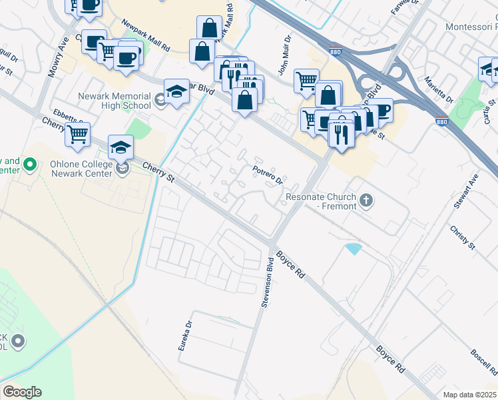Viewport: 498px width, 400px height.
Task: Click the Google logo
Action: pyautogui.click(x=22, y=392)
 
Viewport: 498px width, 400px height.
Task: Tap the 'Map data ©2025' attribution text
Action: pyautogui.click(x=469, y=395)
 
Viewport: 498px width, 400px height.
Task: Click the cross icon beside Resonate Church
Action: pyautogui.click(x=365, y=199)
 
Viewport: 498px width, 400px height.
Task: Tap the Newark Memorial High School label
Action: pyautogui.click(x=115, y=101)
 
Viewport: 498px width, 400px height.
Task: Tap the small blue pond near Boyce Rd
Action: pyautogui.click(x=354, y=249)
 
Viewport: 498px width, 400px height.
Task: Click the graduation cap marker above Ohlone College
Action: pyautogui.click(x=121, y=147)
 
